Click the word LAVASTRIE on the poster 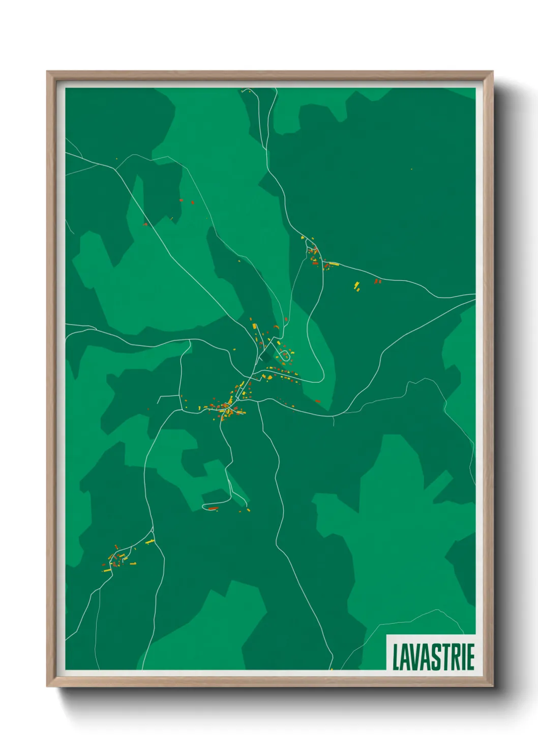tap(433, 656)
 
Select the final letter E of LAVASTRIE tap(470, 657)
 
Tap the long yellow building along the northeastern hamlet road tap(334, 264)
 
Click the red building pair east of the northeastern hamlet tap(377, 281)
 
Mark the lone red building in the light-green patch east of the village tap(318, 401)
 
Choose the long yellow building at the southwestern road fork tap(149, 542)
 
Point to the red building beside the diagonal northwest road tap(145, 224)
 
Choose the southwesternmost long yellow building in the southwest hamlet tap(107, 571)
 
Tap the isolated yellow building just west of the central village tap(235, 349)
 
